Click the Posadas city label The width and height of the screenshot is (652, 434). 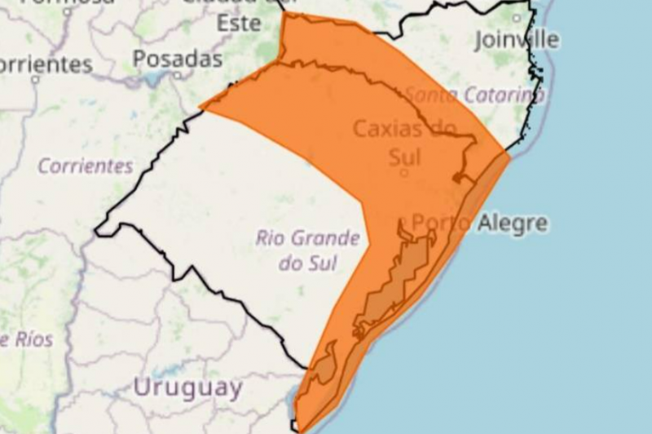coord(177,59)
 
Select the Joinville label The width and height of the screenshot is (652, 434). coord(516,39)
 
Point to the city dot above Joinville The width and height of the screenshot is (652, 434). coord(516,17)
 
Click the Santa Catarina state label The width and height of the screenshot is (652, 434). coord(474,95)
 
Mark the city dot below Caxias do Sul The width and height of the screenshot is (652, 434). coord(403,173)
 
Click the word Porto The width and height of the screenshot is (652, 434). coord(441,223)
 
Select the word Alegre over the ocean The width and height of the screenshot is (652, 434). coord(513,223)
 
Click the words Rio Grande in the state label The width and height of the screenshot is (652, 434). coord(307,238)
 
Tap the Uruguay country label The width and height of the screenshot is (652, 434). coord(187,387)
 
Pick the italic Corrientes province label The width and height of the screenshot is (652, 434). coord(85,166)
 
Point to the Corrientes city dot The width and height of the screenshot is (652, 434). coord(35,81)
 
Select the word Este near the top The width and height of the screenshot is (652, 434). coord(239,23)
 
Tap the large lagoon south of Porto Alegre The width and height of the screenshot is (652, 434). coord(399,281)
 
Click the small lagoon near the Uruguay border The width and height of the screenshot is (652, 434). coord(324,365)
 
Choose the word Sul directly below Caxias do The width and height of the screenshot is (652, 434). coord(405,153)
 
